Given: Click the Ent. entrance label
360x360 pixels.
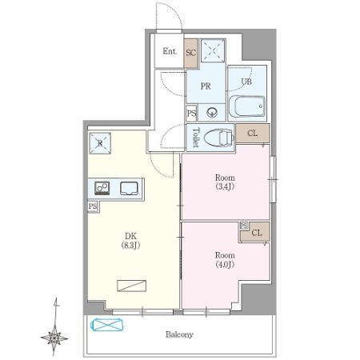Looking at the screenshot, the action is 170,51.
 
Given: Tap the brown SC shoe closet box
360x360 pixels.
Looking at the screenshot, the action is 190,53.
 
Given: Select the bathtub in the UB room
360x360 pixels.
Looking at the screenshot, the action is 247,106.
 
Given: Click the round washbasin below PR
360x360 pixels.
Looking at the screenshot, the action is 212,112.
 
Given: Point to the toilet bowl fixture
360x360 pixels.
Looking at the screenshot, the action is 218,138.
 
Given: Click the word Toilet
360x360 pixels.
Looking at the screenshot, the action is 196,138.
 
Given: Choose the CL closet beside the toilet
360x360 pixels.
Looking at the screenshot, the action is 253,133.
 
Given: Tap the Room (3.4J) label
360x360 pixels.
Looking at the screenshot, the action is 225,182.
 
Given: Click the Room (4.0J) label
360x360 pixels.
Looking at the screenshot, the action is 225,260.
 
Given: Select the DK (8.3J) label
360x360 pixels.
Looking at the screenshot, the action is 130,240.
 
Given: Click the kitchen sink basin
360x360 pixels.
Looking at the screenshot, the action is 129,188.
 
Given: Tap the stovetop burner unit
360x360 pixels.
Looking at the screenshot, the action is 102,188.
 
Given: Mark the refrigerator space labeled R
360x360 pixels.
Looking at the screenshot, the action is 100,143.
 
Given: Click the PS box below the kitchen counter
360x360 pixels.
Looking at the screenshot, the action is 93,206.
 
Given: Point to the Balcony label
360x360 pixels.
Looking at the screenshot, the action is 179,334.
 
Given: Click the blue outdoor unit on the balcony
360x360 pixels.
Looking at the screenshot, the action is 108,325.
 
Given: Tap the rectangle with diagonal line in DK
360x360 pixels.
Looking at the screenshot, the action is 132,286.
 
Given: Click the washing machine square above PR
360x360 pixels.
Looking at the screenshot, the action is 213,50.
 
